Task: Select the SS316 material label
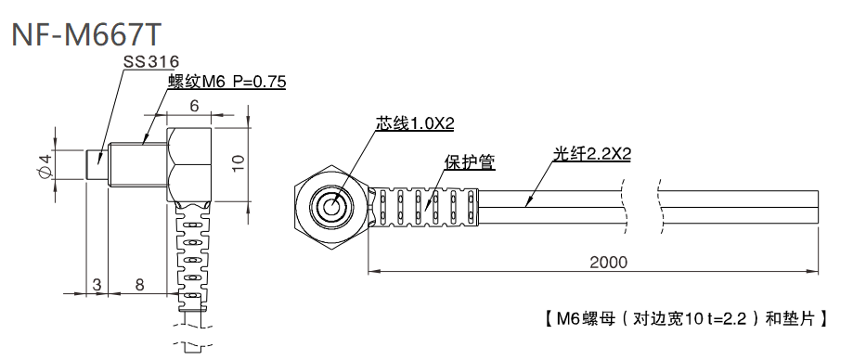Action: click(x=152, y=62)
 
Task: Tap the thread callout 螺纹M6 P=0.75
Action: click(x=226, y=83)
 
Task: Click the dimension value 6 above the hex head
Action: click(x=194, y=106)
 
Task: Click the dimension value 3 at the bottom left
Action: click(x=97, y=284)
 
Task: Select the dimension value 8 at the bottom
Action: click(x=139, y=284)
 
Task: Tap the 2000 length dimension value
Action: click(x=608, y=262)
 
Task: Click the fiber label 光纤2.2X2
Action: click(x=591, y=154)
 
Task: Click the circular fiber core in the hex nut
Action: click(x=330, y=207)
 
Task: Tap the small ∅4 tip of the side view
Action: click(x=96, y=164)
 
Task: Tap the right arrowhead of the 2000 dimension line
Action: click(x=815, y=273)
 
